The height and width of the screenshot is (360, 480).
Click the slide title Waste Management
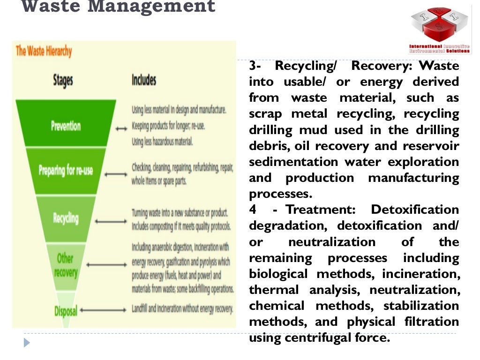pos(119,7)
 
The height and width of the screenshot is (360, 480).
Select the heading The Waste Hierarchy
pos(44,51)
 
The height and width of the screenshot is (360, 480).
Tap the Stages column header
pos(63,80)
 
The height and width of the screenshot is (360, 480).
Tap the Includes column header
pos(144,80)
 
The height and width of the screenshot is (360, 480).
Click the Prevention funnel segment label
pos(66,126)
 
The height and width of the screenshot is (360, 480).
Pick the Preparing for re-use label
pos(66,169)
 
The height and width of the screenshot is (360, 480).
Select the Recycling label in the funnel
pos(66,218)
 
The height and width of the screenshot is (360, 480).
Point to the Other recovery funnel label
pos(66,265)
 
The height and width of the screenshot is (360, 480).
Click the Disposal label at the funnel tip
pos(66,310)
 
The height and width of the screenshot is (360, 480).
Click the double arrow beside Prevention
pos(121,127)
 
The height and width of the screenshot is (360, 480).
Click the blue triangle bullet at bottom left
pos(27,343)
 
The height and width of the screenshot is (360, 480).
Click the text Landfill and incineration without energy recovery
pos(182,308)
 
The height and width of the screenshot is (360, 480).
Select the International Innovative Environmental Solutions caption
pos(439,49)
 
